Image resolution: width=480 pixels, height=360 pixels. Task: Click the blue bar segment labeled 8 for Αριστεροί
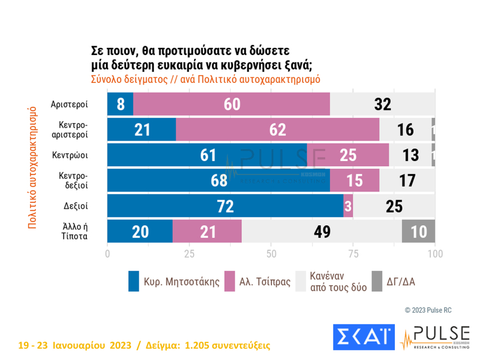(x=120, y=104)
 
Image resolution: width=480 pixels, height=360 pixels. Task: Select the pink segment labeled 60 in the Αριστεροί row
(x=232, y=104)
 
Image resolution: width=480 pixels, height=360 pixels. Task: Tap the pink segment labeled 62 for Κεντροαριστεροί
(x=278, y=129)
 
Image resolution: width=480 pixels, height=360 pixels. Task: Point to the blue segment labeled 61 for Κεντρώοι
(x=207, y=155)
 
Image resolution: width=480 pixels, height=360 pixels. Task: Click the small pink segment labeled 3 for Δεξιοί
(x=348, y=206)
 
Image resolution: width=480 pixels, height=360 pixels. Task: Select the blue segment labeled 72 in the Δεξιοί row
(x=225, y=206)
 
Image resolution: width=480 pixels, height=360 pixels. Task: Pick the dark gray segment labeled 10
(x=418, y=231)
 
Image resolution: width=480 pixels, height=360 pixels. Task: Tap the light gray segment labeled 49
(x=321, y=231)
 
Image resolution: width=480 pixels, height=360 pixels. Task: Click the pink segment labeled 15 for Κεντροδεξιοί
(x=355, y=181)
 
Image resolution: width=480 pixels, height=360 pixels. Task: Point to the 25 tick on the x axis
(x=189, y=254)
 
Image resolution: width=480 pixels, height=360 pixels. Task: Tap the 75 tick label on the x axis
(x=353, y=254)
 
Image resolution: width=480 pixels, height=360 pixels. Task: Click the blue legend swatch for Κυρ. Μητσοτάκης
(x=134, y=281)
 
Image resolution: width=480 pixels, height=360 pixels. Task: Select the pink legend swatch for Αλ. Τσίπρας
(x=229, y=281)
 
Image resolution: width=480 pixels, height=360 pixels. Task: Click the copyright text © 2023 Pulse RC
(x=428, y=310)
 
